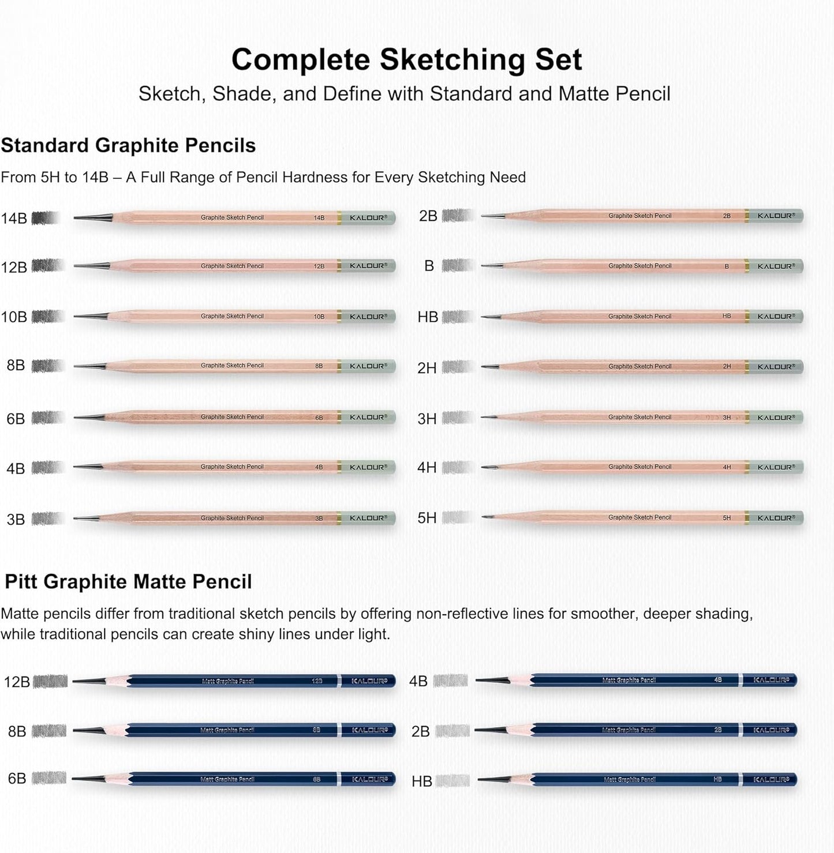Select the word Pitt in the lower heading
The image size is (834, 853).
(x=21, y=581)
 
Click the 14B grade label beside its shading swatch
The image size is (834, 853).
(x=14, y=219)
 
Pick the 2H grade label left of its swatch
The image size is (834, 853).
(x=427, y=368)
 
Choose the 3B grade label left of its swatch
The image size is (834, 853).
(x=16, y=520)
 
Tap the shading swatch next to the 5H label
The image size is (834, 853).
(x=457, y=517)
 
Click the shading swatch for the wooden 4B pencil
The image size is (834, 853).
(x=47, y=467)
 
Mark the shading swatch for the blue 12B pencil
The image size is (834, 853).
(x=50, y=682)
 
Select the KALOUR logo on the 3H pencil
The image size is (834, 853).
(x=776, y=418)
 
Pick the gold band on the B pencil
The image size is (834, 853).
(x=747, y=266)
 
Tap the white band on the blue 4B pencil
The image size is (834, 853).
(x=740, y=681)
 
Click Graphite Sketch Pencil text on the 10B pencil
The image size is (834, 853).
(x=232, y=316)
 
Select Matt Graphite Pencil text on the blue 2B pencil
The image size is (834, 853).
(x=629, y=730)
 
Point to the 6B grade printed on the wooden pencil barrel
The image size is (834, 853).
(x=319, y=418)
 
